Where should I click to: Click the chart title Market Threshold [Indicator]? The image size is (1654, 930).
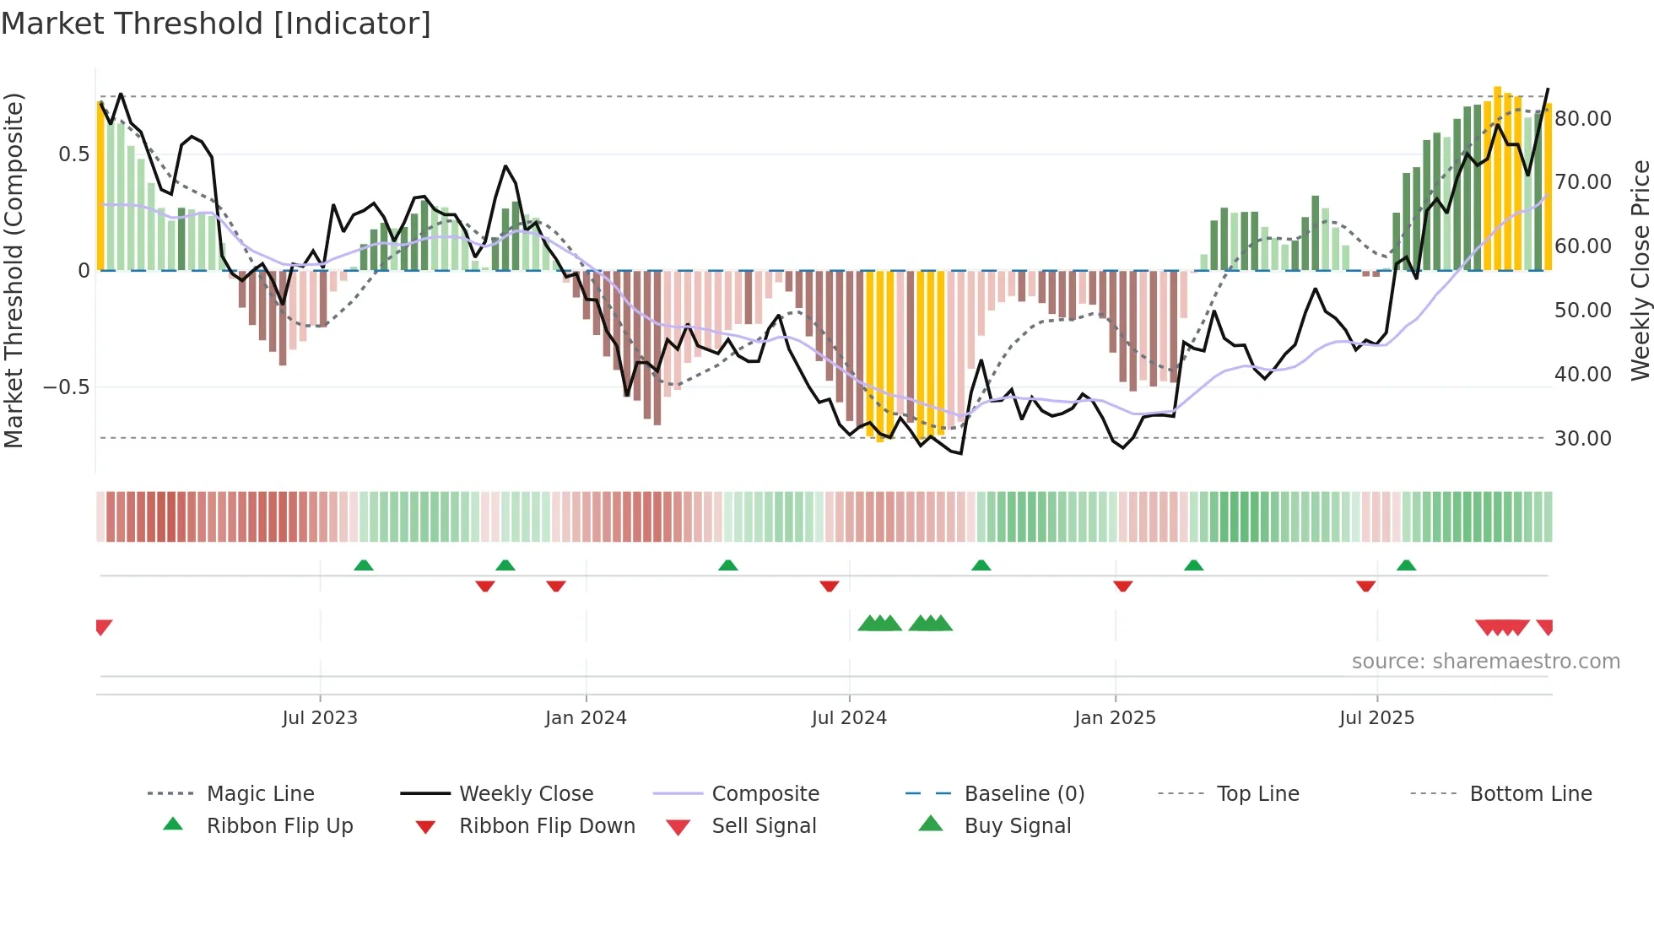click(x=216, y=24)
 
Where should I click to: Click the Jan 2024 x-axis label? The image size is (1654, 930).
click(x=586, y=718)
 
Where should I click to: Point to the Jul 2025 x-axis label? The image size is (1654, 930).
click(x=1376, y=718)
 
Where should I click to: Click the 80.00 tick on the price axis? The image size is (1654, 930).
click(x=1582, y=119)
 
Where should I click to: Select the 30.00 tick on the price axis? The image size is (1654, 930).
click(x=1582, y=439)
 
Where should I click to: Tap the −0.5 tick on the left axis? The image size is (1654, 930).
click(x=66, y=387)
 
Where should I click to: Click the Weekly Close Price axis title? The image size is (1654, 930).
click(x=1640, y=270)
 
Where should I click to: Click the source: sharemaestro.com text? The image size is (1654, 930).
click(x=1485, y=662)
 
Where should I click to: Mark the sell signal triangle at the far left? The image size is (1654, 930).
click(x=103, y=626)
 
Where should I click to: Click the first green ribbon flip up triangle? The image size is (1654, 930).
click(x=364, y=565)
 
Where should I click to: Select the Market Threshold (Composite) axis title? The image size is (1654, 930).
click(x=14, y=270)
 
